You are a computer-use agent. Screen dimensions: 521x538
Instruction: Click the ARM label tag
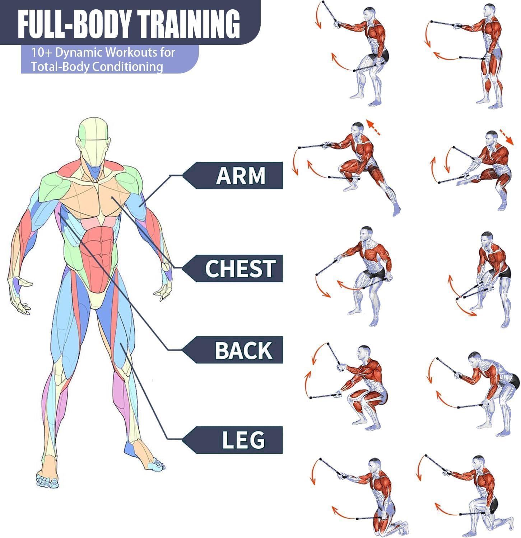pos(233,175)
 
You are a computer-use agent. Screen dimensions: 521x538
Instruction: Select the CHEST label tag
pos(233,268)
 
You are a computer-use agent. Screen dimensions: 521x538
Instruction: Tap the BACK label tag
pos(233,350)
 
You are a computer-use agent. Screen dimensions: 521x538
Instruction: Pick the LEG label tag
pos(233,440)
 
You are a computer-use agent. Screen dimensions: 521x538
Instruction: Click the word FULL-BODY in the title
pos(75,24)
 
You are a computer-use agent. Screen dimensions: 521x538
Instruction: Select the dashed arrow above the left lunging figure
pos(374,128)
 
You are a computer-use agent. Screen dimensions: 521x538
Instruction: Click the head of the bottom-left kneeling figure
pos(375,465)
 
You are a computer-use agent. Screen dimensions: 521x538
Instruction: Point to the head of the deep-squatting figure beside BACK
pos(364,353)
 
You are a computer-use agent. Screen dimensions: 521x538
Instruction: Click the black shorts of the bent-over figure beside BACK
pos(513,381)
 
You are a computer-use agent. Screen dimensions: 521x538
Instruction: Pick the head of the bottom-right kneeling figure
pos(478,463)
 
